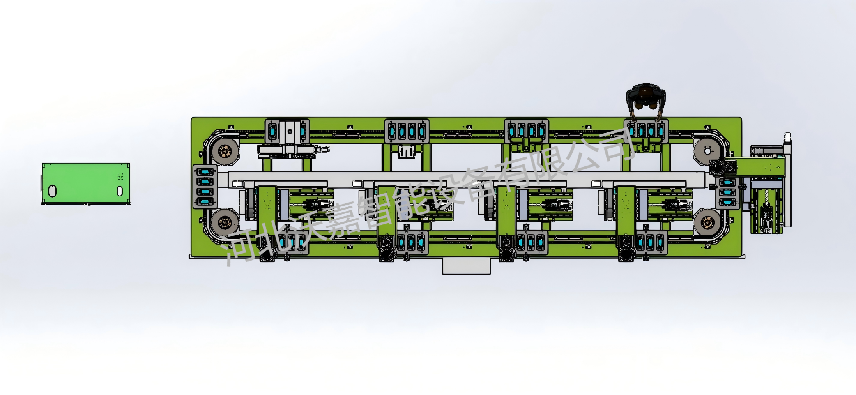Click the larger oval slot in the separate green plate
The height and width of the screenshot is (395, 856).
(52, 191)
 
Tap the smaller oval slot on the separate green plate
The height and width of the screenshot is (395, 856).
(120, 191)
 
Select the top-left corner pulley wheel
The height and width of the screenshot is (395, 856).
(225, 151)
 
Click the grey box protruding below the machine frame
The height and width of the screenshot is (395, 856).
(466, 266)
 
